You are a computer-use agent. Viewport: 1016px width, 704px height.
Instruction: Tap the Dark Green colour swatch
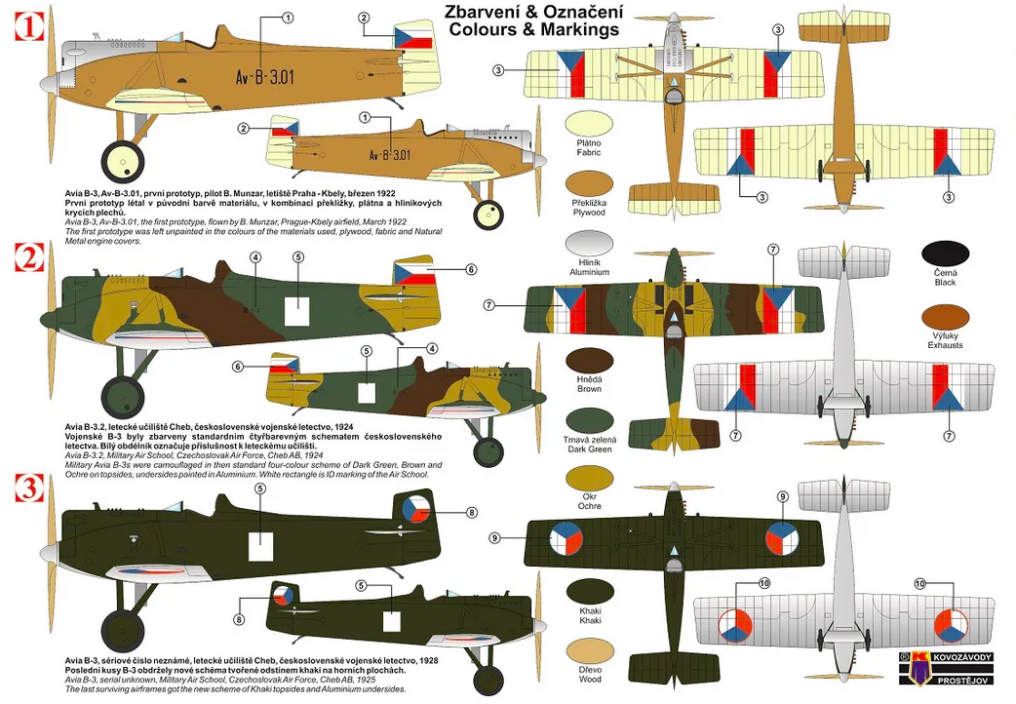(589, 422)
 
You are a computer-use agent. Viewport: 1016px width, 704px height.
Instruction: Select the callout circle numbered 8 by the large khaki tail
(472, 512)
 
